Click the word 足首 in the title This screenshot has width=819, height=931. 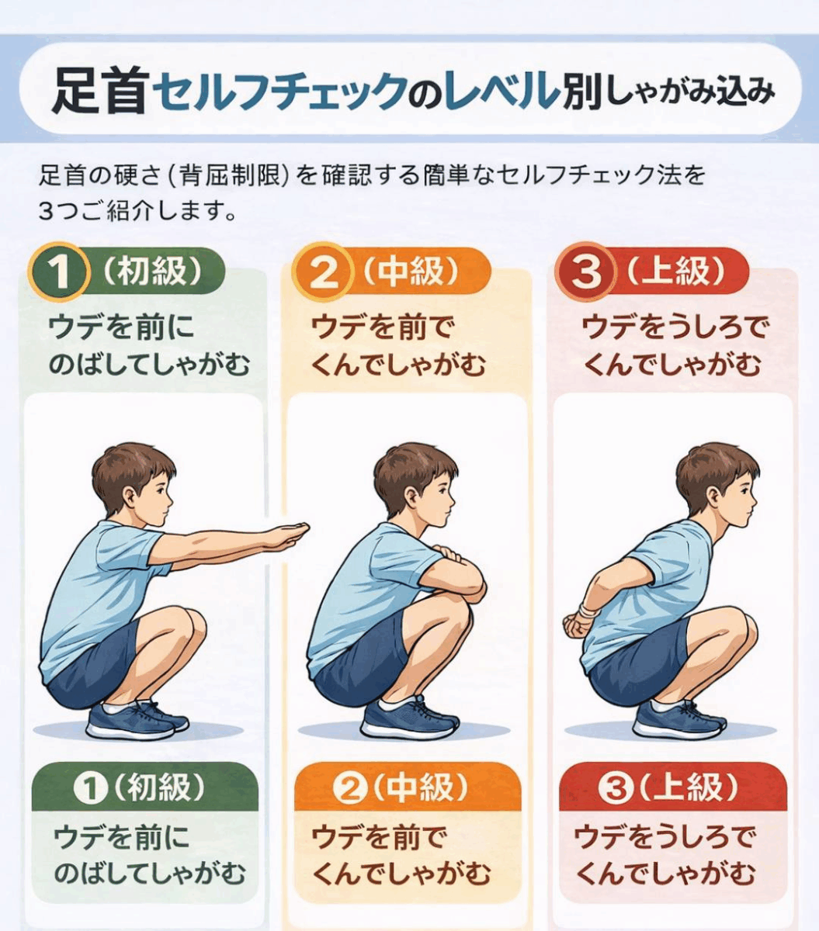coord(98,91)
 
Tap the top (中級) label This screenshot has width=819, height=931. coord(411,271)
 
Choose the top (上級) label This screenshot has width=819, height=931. coord(675,271)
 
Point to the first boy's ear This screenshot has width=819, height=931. coord(129,499)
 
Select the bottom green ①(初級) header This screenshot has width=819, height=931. coord(145,789)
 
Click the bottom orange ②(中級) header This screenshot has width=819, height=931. coord(408,789)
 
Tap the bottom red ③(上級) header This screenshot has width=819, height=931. coord(673,789)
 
